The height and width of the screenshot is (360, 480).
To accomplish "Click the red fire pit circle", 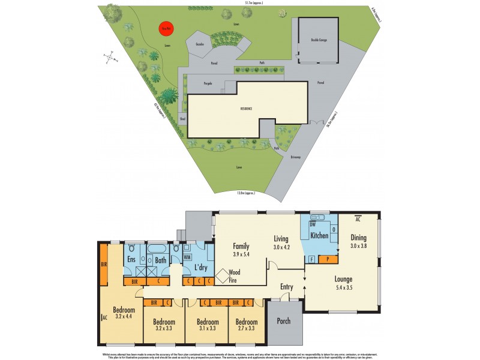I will pyautogui.click(x=163, y=28).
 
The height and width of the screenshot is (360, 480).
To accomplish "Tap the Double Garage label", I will pyautogui.click(x=318, y=40).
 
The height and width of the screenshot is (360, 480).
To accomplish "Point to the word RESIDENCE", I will pyautogui.click(x=246, y=109).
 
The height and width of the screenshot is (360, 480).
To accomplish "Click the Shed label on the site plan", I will pyautogui.click(x=182, y=119).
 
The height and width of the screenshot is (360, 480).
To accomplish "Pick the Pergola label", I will pyautogui.click(x=208, y=83).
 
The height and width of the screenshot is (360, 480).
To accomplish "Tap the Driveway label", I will pyautogui.click(x=295, y=158).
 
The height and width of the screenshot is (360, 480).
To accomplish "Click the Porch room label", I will pyautogui.click(x=283, y=321).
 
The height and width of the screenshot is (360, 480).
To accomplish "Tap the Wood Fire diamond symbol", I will pyautogui.click(x=223, y=276).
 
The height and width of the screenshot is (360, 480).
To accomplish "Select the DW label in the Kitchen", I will pyautogui.click(x=313, y=224).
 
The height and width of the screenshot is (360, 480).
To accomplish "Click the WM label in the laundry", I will pyautogui.click(x=187, y=257).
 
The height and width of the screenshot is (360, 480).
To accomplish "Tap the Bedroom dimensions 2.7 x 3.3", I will pyautogui.click(x=245, y=328).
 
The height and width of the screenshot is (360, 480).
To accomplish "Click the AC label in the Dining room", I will pyautogui.click(x=358, y=218).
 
